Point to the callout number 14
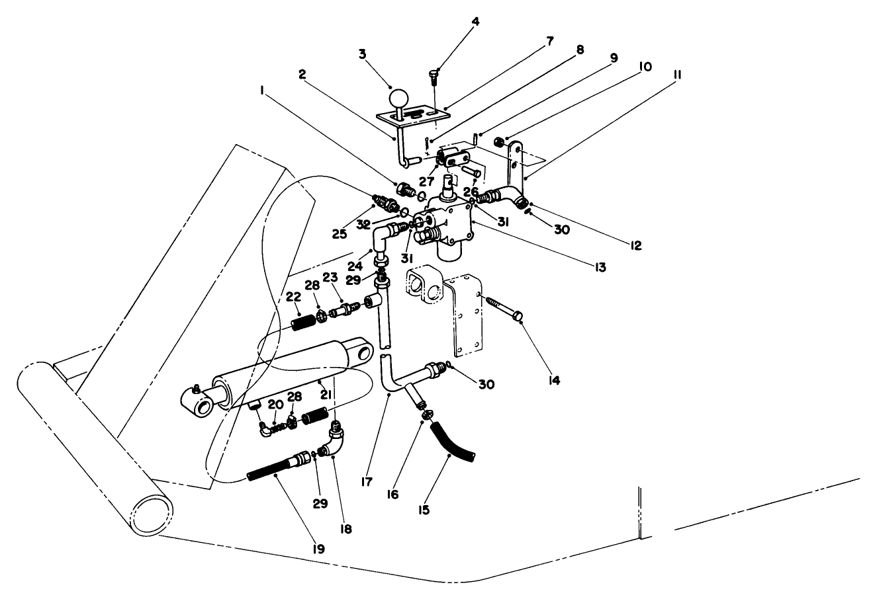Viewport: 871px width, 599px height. point(553,381)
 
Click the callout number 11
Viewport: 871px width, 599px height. point(676,75)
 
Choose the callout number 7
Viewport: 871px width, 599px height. point(550,40)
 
